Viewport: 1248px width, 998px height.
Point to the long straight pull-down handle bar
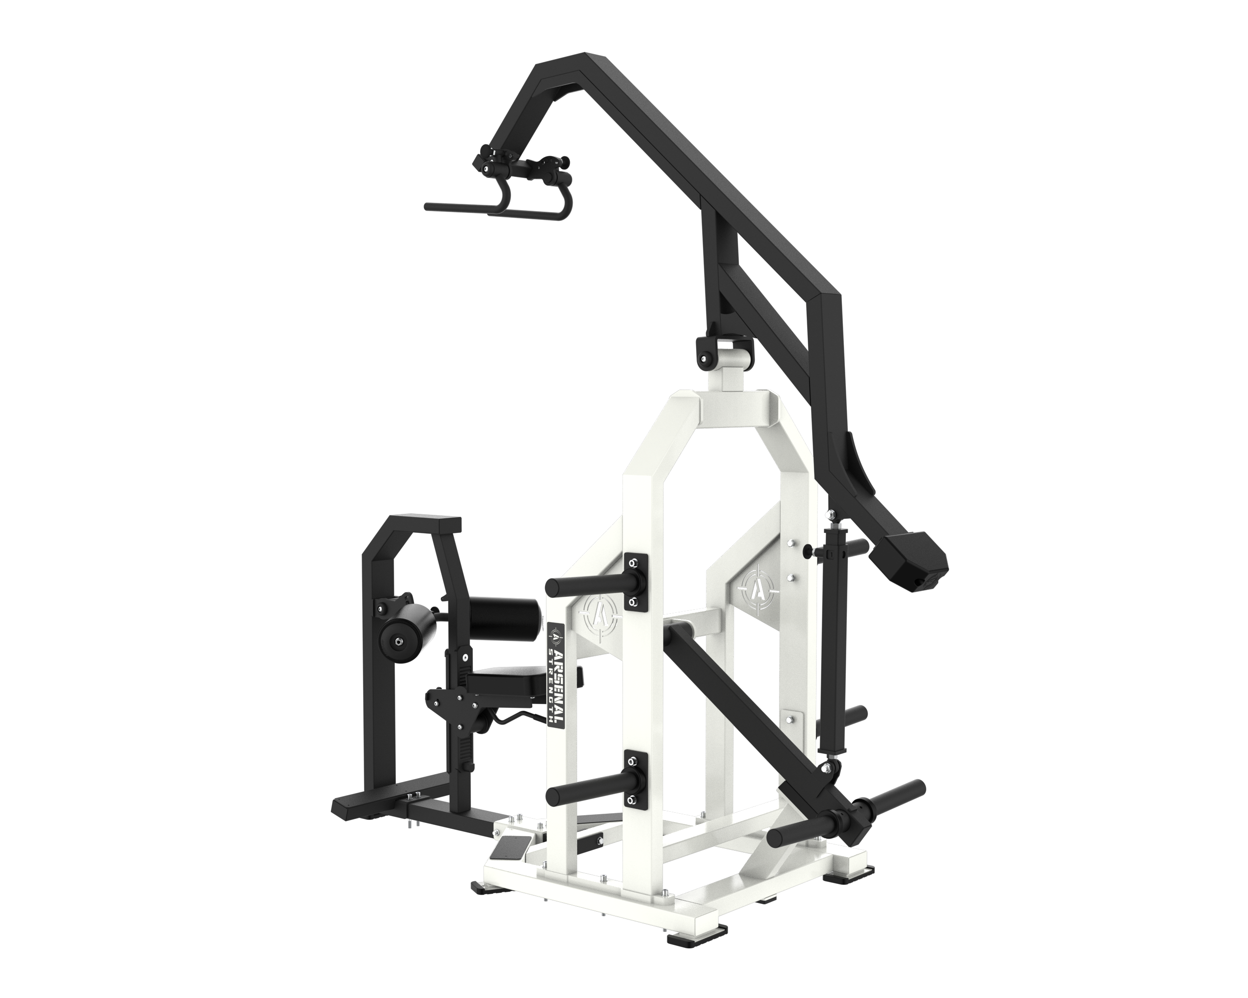[x=463, y=207]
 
